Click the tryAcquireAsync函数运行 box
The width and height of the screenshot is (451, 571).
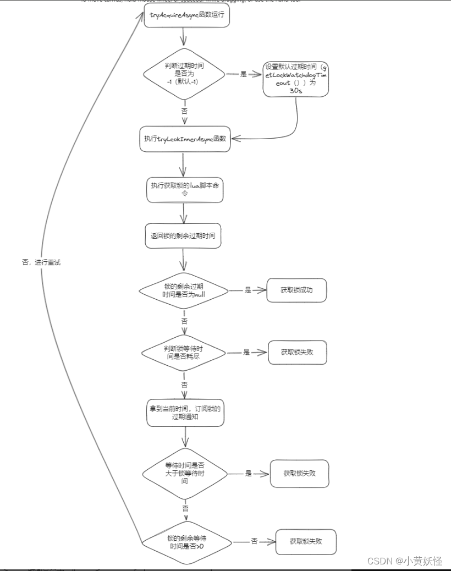(x=186, y=17)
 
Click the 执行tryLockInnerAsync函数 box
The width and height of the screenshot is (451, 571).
(x=184, y=139)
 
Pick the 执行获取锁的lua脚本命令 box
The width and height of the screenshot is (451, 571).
(x=184, y=190)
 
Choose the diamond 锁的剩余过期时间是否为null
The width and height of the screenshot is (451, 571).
(x=184, y=290)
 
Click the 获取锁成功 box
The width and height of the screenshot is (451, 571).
(x=296, y=290)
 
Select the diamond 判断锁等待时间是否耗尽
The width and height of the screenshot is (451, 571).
(x=184, y=352)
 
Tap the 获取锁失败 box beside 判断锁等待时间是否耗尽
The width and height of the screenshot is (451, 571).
(x=297, y=352)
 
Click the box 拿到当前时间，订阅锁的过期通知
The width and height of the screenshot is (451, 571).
(x=185, y=413)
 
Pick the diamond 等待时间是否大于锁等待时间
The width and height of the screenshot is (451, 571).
(x=185, y=473)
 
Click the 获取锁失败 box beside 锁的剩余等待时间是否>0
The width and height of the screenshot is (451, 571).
(x=306, y=542)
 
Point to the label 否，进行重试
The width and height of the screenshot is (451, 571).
(x=41, y=262)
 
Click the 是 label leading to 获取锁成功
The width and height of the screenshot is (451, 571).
(x=248, y=290)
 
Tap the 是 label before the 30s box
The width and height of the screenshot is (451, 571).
(x=244, y=74)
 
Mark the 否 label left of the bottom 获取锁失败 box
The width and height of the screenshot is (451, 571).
(x=254, y=541)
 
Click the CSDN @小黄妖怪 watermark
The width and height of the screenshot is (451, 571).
(x=405, y=561)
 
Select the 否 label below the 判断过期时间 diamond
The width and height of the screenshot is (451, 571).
(x=184, y=111)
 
